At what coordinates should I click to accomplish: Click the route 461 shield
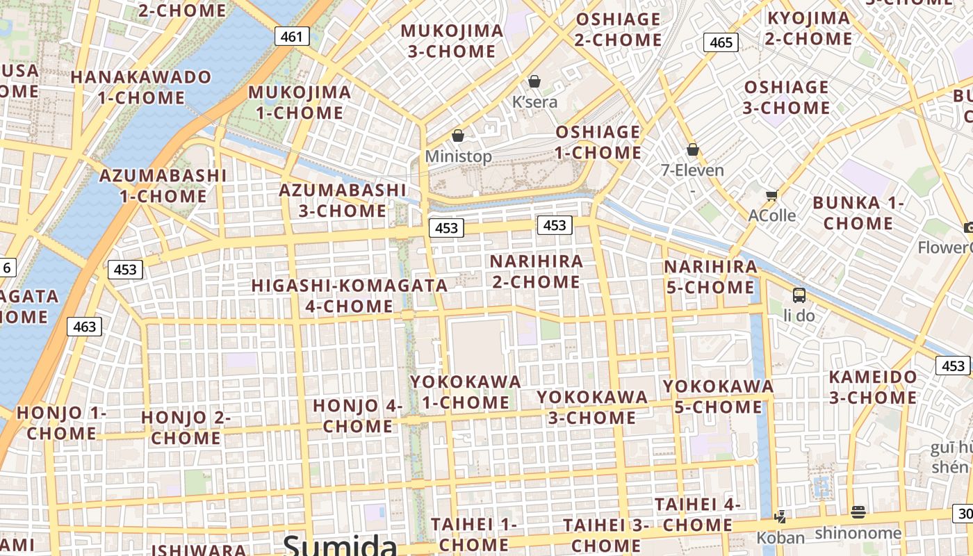tap(291, 36)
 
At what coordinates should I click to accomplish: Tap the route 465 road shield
tap(721, 42)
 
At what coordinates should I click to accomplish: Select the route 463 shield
tap(85, 326)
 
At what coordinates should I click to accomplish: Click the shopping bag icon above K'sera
tap(534, 81)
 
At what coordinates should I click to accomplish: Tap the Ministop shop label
tap(458, 156)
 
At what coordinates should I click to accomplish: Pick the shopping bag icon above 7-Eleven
tap(692, 149)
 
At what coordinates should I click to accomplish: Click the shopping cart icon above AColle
tap(771, 195)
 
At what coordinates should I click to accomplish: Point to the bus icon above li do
tap(799, 295)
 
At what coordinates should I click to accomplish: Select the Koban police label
tap(780, 537)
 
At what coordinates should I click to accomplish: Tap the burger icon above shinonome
tap(858, 512)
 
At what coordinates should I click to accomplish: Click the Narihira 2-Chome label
tap(536, 272)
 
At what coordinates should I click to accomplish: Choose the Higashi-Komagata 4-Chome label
tap(350, 295)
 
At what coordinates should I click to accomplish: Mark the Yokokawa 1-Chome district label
tap(466, 392)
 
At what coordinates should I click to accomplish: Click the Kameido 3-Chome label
tap(873, 387)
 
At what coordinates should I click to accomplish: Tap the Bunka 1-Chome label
tap(858, 213)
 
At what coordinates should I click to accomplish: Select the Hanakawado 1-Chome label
tap(141, 87)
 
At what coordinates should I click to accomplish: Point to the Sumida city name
tap(340, 544)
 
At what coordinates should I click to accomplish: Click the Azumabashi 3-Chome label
tap(343, 200)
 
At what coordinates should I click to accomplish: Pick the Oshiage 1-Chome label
tap(598, 142)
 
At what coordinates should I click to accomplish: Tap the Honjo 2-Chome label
tap(186, 427)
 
